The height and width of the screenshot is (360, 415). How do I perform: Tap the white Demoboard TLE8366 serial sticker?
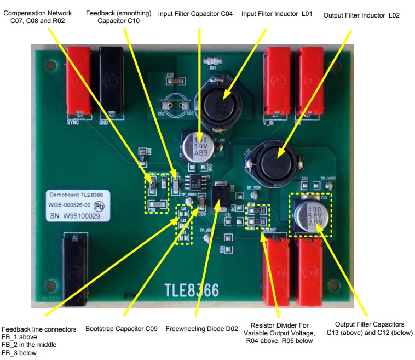point(75,205)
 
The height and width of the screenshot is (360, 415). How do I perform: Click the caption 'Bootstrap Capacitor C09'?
point(122,329)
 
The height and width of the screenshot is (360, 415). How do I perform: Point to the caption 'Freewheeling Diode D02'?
point(202,329)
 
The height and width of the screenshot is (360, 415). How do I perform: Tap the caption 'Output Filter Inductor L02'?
point(361,15)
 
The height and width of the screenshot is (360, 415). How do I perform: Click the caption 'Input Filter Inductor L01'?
point(276,13)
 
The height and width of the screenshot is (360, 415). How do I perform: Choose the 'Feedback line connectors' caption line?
point(39,329)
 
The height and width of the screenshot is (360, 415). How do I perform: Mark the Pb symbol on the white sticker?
point(99,207)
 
